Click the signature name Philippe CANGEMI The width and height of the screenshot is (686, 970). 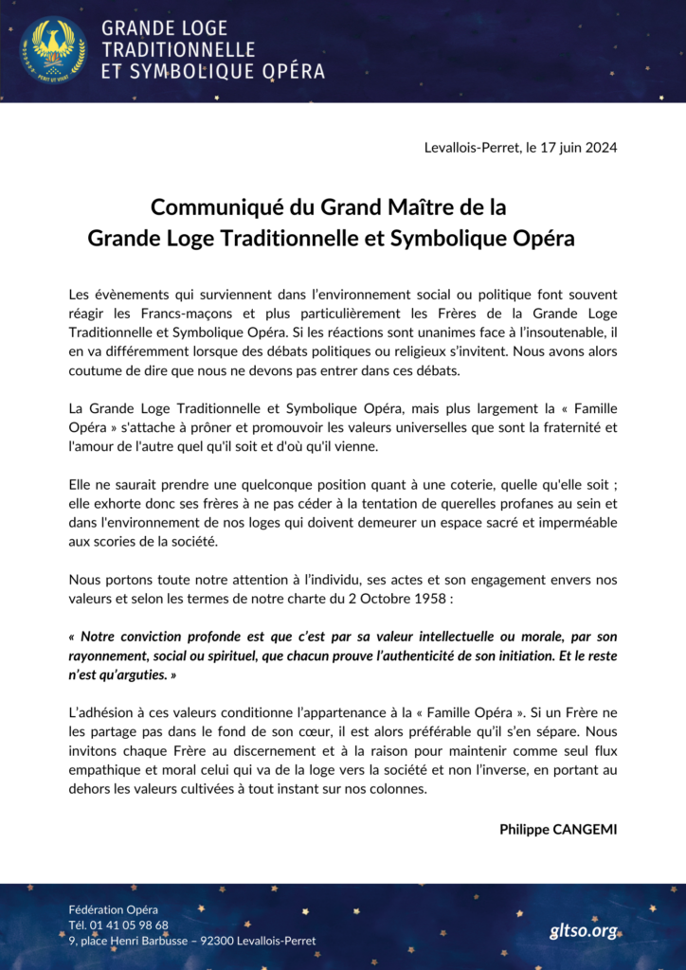pyautogui.click(x=558, y=829)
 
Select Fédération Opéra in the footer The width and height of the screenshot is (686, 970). pyautogui.click(x=114, y=909)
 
